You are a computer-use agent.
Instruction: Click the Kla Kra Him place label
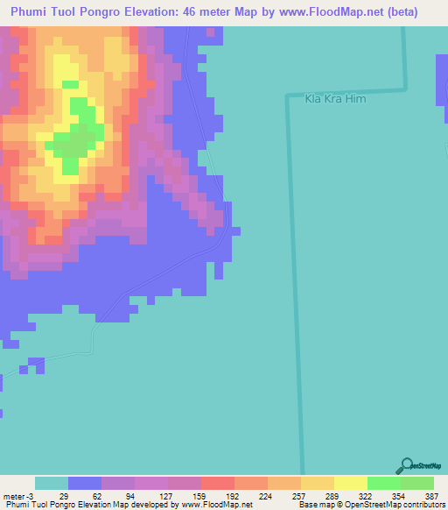[x=334, y=100]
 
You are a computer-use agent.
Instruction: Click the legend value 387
[x=430, y=496]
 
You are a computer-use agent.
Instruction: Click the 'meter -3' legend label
[x=17, y=496]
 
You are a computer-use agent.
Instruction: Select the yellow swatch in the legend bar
[x=350, y=483]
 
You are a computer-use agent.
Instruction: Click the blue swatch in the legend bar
[x=85, y=483]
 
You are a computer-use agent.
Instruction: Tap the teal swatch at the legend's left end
[x=52, y=483]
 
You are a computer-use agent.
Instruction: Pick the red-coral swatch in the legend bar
[x=217, y=483]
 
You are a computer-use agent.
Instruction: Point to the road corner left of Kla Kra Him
[x=288, y=94]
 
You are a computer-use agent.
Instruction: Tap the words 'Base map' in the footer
[x=312, y=506]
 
